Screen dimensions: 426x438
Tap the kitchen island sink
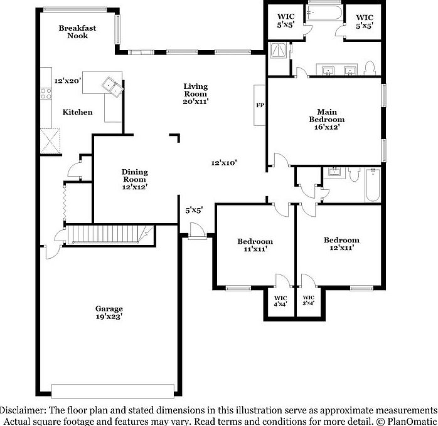click(x=113, y=85)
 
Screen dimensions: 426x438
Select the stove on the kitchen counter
click(x=46, y=95)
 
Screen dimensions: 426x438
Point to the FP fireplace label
click(x=259, y=105)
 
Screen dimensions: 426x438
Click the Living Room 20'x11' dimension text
click(x=195, y=100)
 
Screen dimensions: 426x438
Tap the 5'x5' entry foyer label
click(x=193, y=210)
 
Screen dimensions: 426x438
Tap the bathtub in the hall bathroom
click(x=373, y=184)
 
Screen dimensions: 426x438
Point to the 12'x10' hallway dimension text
click(x=223, y=163)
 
